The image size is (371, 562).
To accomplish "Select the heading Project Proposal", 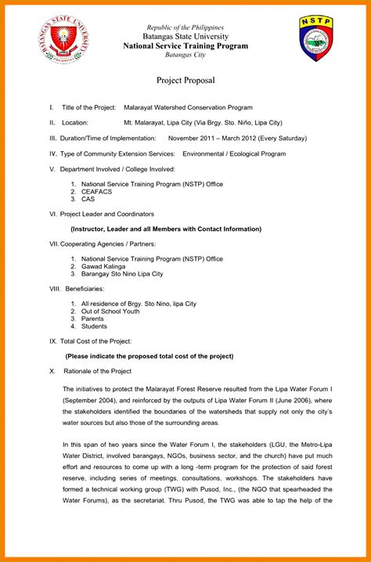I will (185, 81).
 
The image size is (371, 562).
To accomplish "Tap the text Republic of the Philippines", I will (185, 27).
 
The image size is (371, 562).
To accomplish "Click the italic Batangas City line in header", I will (185, 55).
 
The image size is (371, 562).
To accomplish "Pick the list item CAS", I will (88, 199).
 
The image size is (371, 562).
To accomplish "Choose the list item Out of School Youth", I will (110, 311).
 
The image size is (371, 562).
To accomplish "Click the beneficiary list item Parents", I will (93, 319).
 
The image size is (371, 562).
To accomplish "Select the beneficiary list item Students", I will (95, 326).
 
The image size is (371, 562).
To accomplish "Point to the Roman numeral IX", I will (52, 341).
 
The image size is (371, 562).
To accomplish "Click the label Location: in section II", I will (75, 123).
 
